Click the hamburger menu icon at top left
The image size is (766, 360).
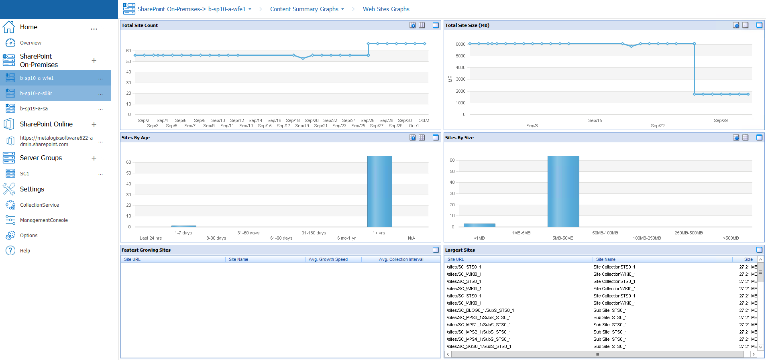click(x=7, y=9)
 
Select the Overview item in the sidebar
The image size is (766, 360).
click(x=31, y=43)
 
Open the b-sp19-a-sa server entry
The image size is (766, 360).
click(x=34, y=109)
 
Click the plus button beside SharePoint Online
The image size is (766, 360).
click(x=94, y=124)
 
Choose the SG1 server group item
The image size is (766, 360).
click(x=24, y=174)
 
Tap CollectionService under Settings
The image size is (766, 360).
click(x=39, y=205)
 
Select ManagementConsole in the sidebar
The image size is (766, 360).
click(x=44, y=220)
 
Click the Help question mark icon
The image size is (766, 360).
click(x=10, y=250)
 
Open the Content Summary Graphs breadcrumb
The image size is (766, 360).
click(x=304, y=9)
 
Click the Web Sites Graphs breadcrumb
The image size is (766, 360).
click(x=386, y=9)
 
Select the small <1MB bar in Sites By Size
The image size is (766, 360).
click(x=479, y=225)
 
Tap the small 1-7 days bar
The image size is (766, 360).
click(x=183, y=226)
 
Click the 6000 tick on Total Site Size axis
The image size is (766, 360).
click(x=460, y=44)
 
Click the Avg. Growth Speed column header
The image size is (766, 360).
click(x=328, y=259)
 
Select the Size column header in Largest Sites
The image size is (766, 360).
click(x=748, y=259)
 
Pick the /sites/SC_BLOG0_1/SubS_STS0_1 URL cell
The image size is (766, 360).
click(x=480, y=310)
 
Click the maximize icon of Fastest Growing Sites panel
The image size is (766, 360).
click(x=436, y=250)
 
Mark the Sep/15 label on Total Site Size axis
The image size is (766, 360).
click(x=595, y=120)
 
